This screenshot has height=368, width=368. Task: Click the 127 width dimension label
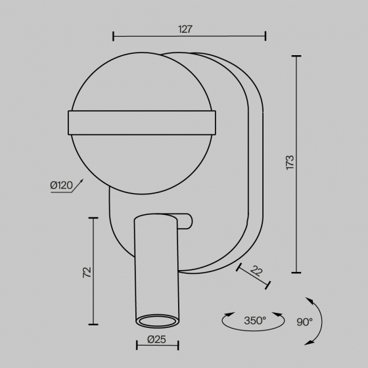185,29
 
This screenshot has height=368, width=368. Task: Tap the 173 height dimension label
290,162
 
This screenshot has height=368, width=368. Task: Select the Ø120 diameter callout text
62,185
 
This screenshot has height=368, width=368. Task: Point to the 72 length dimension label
87,272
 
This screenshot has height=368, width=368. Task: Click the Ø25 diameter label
156,339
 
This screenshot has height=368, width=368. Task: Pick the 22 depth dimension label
256,271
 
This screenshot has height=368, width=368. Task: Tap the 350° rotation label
255,321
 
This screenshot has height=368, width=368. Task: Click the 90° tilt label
305,322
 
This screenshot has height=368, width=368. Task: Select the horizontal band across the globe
142,123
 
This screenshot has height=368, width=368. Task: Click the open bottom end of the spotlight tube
158,321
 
